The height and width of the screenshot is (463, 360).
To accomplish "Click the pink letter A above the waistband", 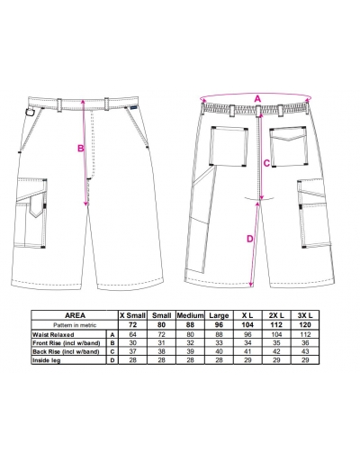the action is point(257,98).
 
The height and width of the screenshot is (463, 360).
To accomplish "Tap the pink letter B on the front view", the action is point(81,148).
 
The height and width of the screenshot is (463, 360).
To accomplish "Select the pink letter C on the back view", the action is point(266,163).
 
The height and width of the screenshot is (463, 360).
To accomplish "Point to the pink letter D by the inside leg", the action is point(250,239).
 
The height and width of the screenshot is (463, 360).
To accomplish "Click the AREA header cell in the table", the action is point(75,315).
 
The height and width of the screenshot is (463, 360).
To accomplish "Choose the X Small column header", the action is point(132,315).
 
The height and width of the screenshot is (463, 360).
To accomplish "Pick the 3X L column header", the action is point(305,315).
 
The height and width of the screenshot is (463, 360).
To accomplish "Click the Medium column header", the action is point(190,315).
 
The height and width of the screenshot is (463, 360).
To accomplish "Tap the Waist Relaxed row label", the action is point(53,334).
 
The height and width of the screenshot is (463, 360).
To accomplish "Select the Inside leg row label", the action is point(47,360).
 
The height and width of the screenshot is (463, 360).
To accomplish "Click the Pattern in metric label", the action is point(75,325).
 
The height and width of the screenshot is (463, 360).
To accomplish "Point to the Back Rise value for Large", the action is point(219,351).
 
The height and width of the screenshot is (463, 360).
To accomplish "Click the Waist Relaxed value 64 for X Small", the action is point(132,334).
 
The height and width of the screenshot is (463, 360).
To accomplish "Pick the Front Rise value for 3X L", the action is point(305,343).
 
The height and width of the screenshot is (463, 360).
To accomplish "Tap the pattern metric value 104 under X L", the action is point(247,325).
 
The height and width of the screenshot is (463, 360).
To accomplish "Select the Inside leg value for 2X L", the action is point(276,360).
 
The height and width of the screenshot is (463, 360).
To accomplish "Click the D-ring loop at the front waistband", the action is point(30,112).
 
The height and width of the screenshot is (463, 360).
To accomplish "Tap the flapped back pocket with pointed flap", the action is point(288,147).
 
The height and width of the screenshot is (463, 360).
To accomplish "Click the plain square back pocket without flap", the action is point(229,146).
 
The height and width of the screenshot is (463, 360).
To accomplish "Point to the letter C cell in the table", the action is point(112,351).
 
